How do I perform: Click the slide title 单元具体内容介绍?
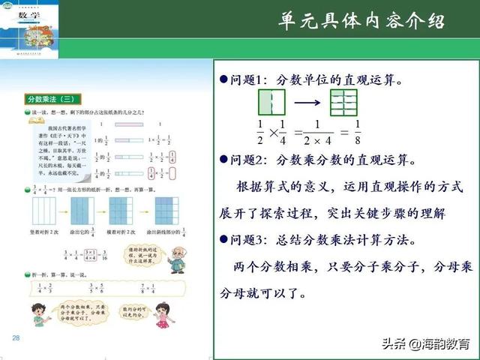pyautogui.click(x=360, y=20)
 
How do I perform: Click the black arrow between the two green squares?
pyautogui.click(x=307, y=102)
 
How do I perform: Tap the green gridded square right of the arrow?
pyautogui.click(x=343, y=103)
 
